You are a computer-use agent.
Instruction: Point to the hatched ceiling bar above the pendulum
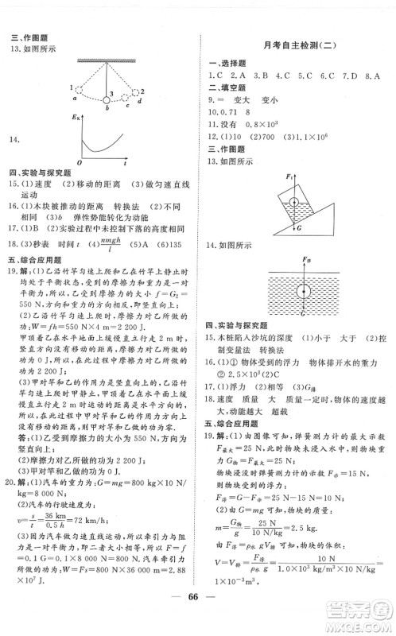[109, 59]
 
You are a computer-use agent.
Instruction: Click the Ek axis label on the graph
[75, 118]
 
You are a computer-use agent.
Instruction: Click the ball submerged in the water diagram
[305, 289]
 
